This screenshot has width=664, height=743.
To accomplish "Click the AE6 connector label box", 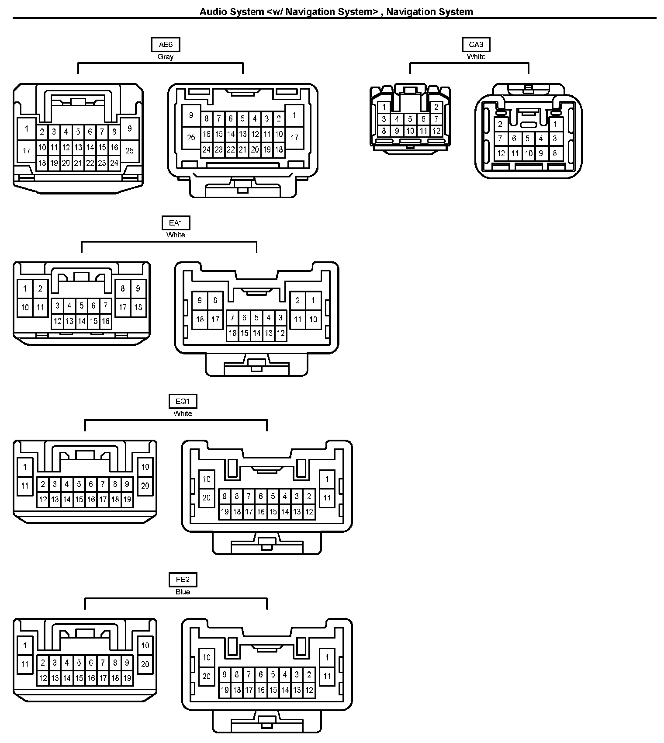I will [x=166, y=45].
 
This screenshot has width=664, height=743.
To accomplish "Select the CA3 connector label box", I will [x=476, y=45].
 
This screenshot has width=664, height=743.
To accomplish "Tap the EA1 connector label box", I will [x=176, y=223].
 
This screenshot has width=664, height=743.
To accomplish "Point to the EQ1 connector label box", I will [x=183, y=401].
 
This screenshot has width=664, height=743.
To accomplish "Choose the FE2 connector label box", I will [x=183, y=580].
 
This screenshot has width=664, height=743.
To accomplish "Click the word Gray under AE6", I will [x=166, y=57].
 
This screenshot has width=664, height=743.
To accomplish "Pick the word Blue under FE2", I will [x=183, y=592].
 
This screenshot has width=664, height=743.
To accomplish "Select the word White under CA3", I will [x=476, y=57].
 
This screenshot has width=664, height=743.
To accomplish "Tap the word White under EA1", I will [x=176, y=235].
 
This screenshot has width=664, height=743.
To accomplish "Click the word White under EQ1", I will [x=183, y=413].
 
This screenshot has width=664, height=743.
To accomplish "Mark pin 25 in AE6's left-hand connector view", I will [x=130, y=151].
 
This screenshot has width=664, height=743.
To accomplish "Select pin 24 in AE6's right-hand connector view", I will [x=207, y=150].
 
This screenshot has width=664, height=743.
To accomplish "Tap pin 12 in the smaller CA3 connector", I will [x=436, y=131].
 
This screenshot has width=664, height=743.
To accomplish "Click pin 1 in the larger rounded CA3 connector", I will [x=555, y=125].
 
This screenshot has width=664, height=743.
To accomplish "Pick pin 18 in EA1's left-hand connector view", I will [x=138, y=307].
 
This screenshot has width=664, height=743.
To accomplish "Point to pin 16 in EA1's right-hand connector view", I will [x=232, y=333].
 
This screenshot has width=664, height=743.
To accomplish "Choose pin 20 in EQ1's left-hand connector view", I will [x=145, y=486].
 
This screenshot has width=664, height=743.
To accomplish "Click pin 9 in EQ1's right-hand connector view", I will [x=225, y=496].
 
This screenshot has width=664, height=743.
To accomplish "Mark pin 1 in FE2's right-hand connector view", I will [x=327, y=657].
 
